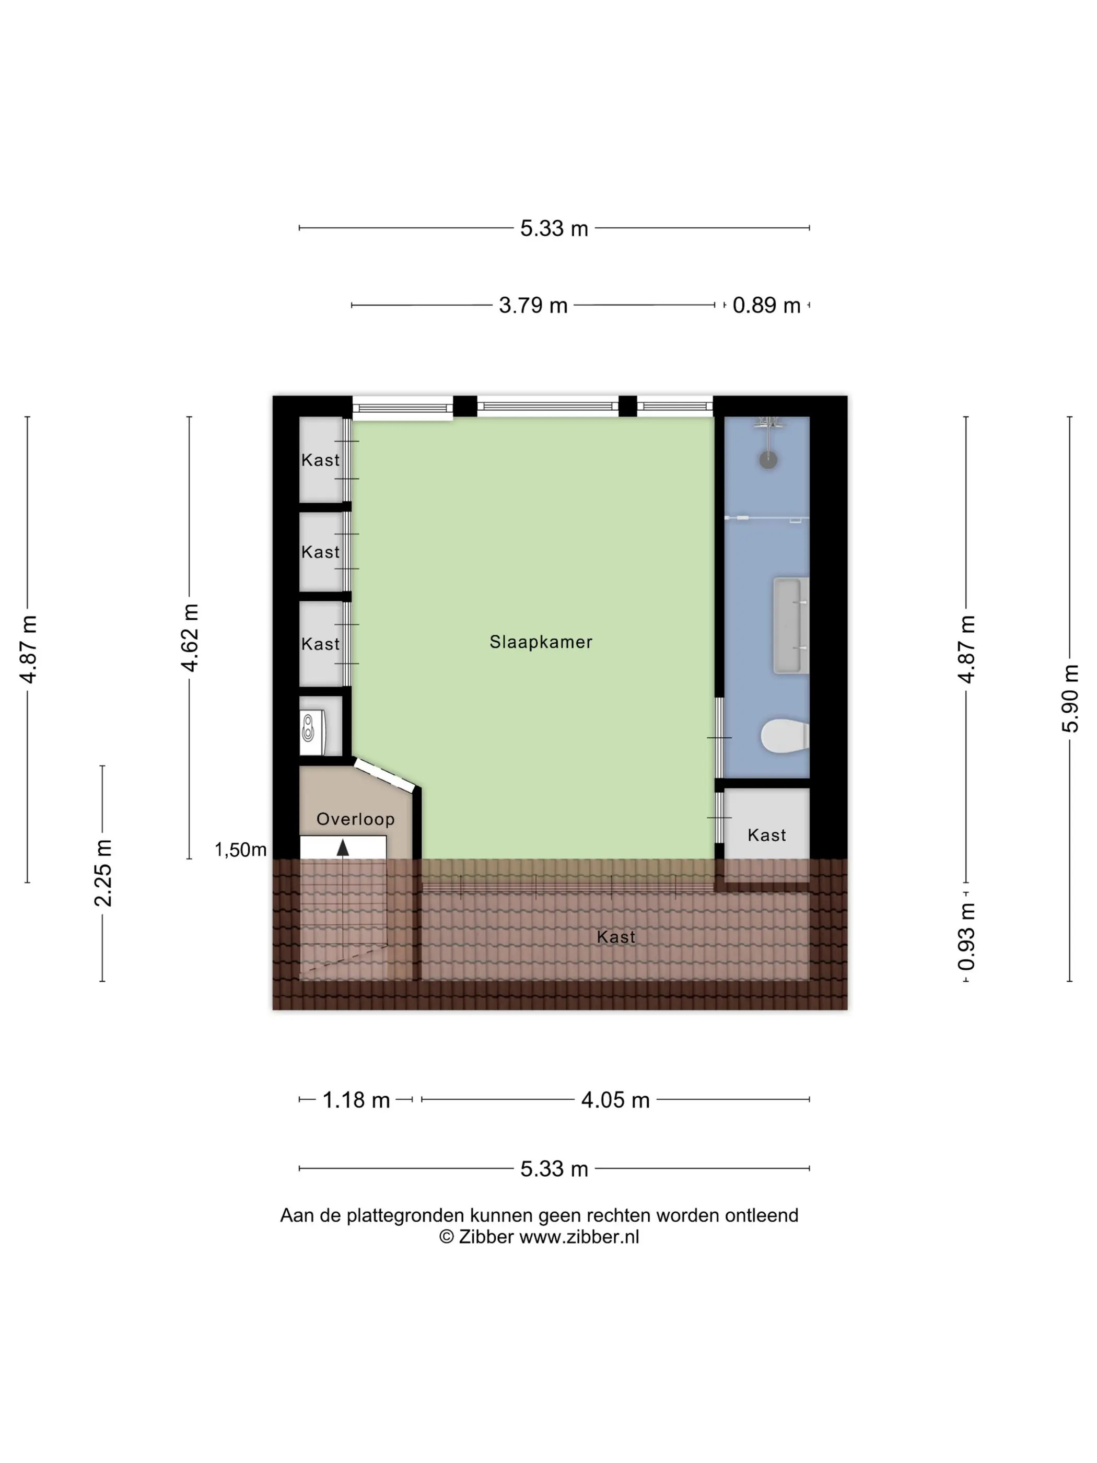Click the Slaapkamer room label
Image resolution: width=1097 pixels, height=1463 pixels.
click(540, 642)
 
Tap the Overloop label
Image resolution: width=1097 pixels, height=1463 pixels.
click(355, 819)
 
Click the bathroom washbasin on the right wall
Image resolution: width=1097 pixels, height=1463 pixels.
click(791, 625)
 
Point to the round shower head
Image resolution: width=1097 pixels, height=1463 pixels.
click(768, 460)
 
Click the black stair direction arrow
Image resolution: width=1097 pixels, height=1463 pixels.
click(343, 848)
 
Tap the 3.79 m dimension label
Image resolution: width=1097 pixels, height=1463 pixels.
click(533, 306)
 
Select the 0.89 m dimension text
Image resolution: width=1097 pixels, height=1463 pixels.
click(766, 306)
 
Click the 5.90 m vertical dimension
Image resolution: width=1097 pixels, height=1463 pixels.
click(1070, 698)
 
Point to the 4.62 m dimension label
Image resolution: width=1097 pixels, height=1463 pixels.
click(190, 637)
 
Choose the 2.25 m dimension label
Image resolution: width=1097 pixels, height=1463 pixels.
click(102, 873)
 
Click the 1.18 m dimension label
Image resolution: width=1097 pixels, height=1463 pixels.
click(356, 1100)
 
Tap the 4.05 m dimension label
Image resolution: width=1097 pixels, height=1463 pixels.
click(615, 1100)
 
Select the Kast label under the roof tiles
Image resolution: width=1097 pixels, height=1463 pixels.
click(615, 936)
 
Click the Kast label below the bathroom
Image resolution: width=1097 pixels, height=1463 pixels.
click(766, 834)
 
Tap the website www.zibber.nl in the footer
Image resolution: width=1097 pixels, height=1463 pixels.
click(579, 1237)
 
